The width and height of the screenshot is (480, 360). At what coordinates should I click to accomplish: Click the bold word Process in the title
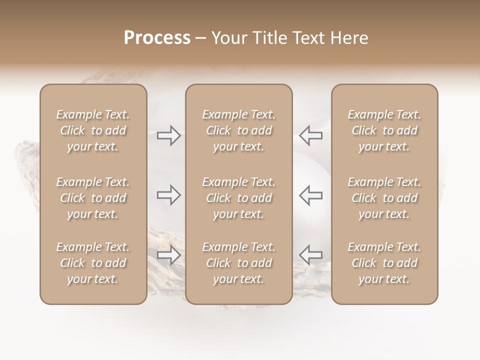click(x=157, y=38)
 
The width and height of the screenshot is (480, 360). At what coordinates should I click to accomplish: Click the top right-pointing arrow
click(x=169, y=135)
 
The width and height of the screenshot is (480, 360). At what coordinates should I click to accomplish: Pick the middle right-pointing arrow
click(x=169, y=195)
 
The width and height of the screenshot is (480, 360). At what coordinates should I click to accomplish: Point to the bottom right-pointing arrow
click(x=169, y=255)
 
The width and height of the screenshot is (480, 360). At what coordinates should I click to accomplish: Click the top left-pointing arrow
click(x=310, y=135)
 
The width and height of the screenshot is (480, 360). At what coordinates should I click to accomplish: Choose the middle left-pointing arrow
click(x=310, y=195)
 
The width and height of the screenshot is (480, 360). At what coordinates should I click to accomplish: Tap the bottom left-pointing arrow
click(x=310, y=255)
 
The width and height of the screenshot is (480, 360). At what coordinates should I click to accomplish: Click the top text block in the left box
click(x=93, y=130)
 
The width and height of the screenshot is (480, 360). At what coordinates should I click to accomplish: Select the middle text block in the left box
click(x=93, y=198)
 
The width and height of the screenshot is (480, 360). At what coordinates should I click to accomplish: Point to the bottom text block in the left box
click(x=93, y=263)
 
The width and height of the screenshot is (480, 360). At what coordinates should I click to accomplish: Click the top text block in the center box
click(x=239, y=130)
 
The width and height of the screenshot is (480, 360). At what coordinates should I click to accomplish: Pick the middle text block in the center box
click(x=239, y=198)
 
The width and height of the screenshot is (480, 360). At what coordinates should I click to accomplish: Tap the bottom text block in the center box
click(x=239, y=263)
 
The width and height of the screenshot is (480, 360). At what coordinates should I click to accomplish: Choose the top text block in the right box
click(x=384, y=130)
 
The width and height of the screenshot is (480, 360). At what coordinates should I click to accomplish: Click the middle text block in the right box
click(x=384, y=198)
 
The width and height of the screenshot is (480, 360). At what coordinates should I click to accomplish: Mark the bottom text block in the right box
click(x=384, y=263)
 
